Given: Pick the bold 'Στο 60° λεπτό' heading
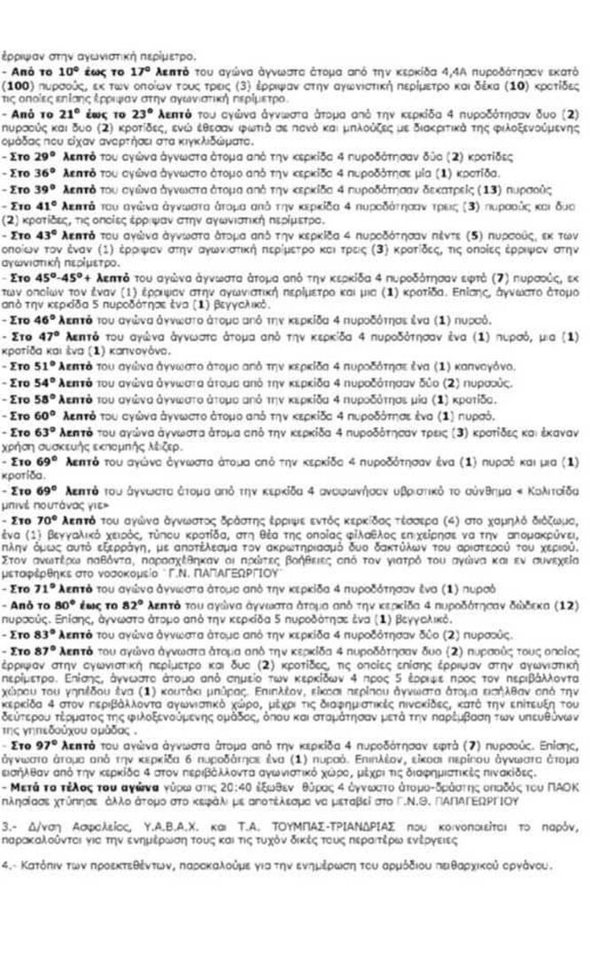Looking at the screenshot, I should coord(43,414).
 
